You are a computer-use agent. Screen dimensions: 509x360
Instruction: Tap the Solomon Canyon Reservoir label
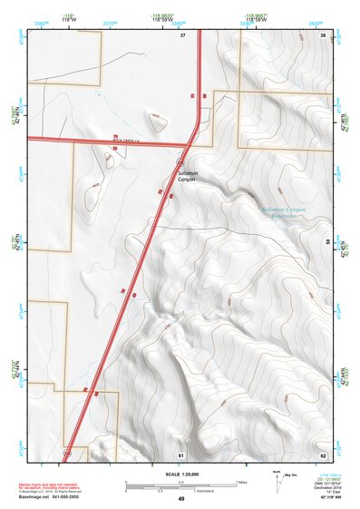(284, 213)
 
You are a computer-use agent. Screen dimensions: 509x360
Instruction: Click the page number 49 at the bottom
(181, 499)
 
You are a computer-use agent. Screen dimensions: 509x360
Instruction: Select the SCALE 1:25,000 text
(181, 474)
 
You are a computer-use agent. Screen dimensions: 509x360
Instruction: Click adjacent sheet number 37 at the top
(182, 34)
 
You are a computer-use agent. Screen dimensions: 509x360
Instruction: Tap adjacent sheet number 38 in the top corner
(324, 34)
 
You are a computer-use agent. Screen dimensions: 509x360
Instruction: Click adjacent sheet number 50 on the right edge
(326, 241)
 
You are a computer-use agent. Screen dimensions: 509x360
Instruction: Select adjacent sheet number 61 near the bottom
(181, 454)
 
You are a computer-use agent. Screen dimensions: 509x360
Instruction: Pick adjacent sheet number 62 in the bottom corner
(324, 454)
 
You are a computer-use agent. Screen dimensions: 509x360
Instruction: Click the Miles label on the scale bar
(242, 481)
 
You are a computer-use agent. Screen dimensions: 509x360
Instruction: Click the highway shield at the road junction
(181, 161)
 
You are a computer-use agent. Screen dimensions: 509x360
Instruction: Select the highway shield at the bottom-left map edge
(67, 451)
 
